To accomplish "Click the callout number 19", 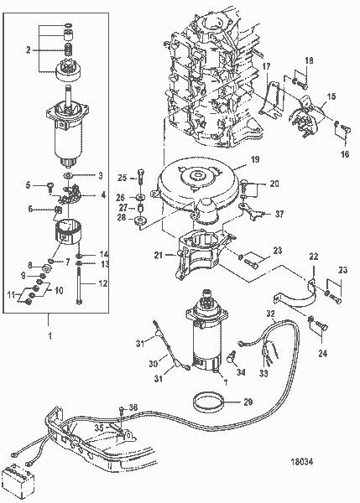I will click(254, 158).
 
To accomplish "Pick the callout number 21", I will click(157, 254).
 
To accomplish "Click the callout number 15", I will click(331, 97).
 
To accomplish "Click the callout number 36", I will click(132, 407).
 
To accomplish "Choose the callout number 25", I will click(121, 179).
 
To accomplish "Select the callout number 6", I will click(29, 210).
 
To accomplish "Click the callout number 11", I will click(12, 296).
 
